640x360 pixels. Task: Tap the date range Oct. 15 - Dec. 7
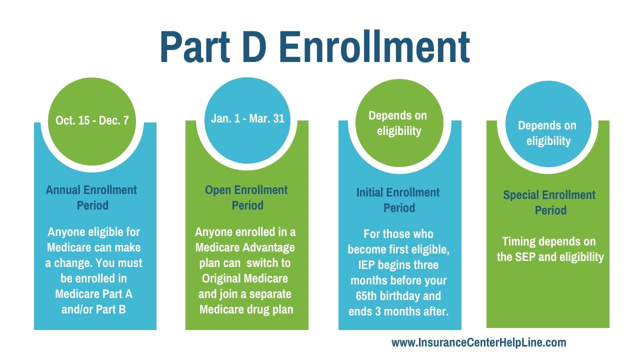point(92,120)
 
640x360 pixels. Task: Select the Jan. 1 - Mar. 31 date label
point(247,118)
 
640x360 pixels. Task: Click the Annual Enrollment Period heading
point(91,197)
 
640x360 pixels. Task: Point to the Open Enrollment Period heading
point(246,197)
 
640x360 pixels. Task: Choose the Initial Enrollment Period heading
point(398,200)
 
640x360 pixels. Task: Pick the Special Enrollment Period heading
point(549,202)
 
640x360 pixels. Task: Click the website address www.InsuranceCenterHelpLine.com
point(478,342)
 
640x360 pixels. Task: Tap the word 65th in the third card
point(366,296)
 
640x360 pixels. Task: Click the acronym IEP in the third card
point(366,265)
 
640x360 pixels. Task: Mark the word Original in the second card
point(221,279)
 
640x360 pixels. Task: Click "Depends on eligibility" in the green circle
point(398,123)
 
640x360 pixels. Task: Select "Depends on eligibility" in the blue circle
point(547,133)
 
